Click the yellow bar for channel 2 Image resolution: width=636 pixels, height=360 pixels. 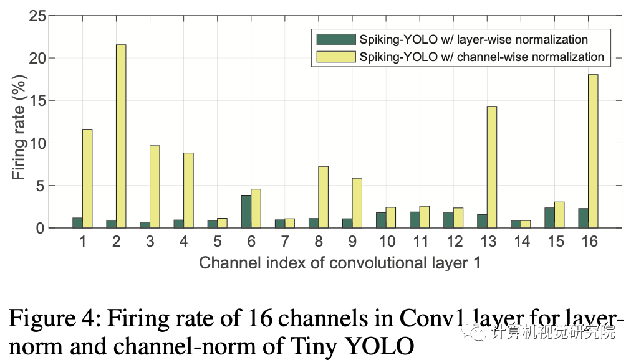click(x=121, y=136)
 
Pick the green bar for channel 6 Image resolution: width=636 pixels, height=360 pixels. click(x=246, y=212)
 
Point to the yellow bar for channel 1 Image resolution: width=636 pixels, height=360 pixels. click(x=87, y=178)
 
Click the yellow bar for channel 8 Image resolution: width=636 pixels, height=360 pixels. click(x=323, y=197)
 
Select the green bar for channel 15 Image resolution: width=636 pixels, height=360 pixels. click(x=549, y=218)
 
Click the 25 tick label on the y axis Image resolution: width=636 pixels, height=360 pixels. click(x=39, y=16)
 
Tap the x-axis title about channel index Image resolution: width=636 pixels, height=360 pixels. click(x=340, y=263)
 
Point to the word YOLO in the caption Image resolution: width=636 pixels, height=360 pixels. click(x=378, y=345)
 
